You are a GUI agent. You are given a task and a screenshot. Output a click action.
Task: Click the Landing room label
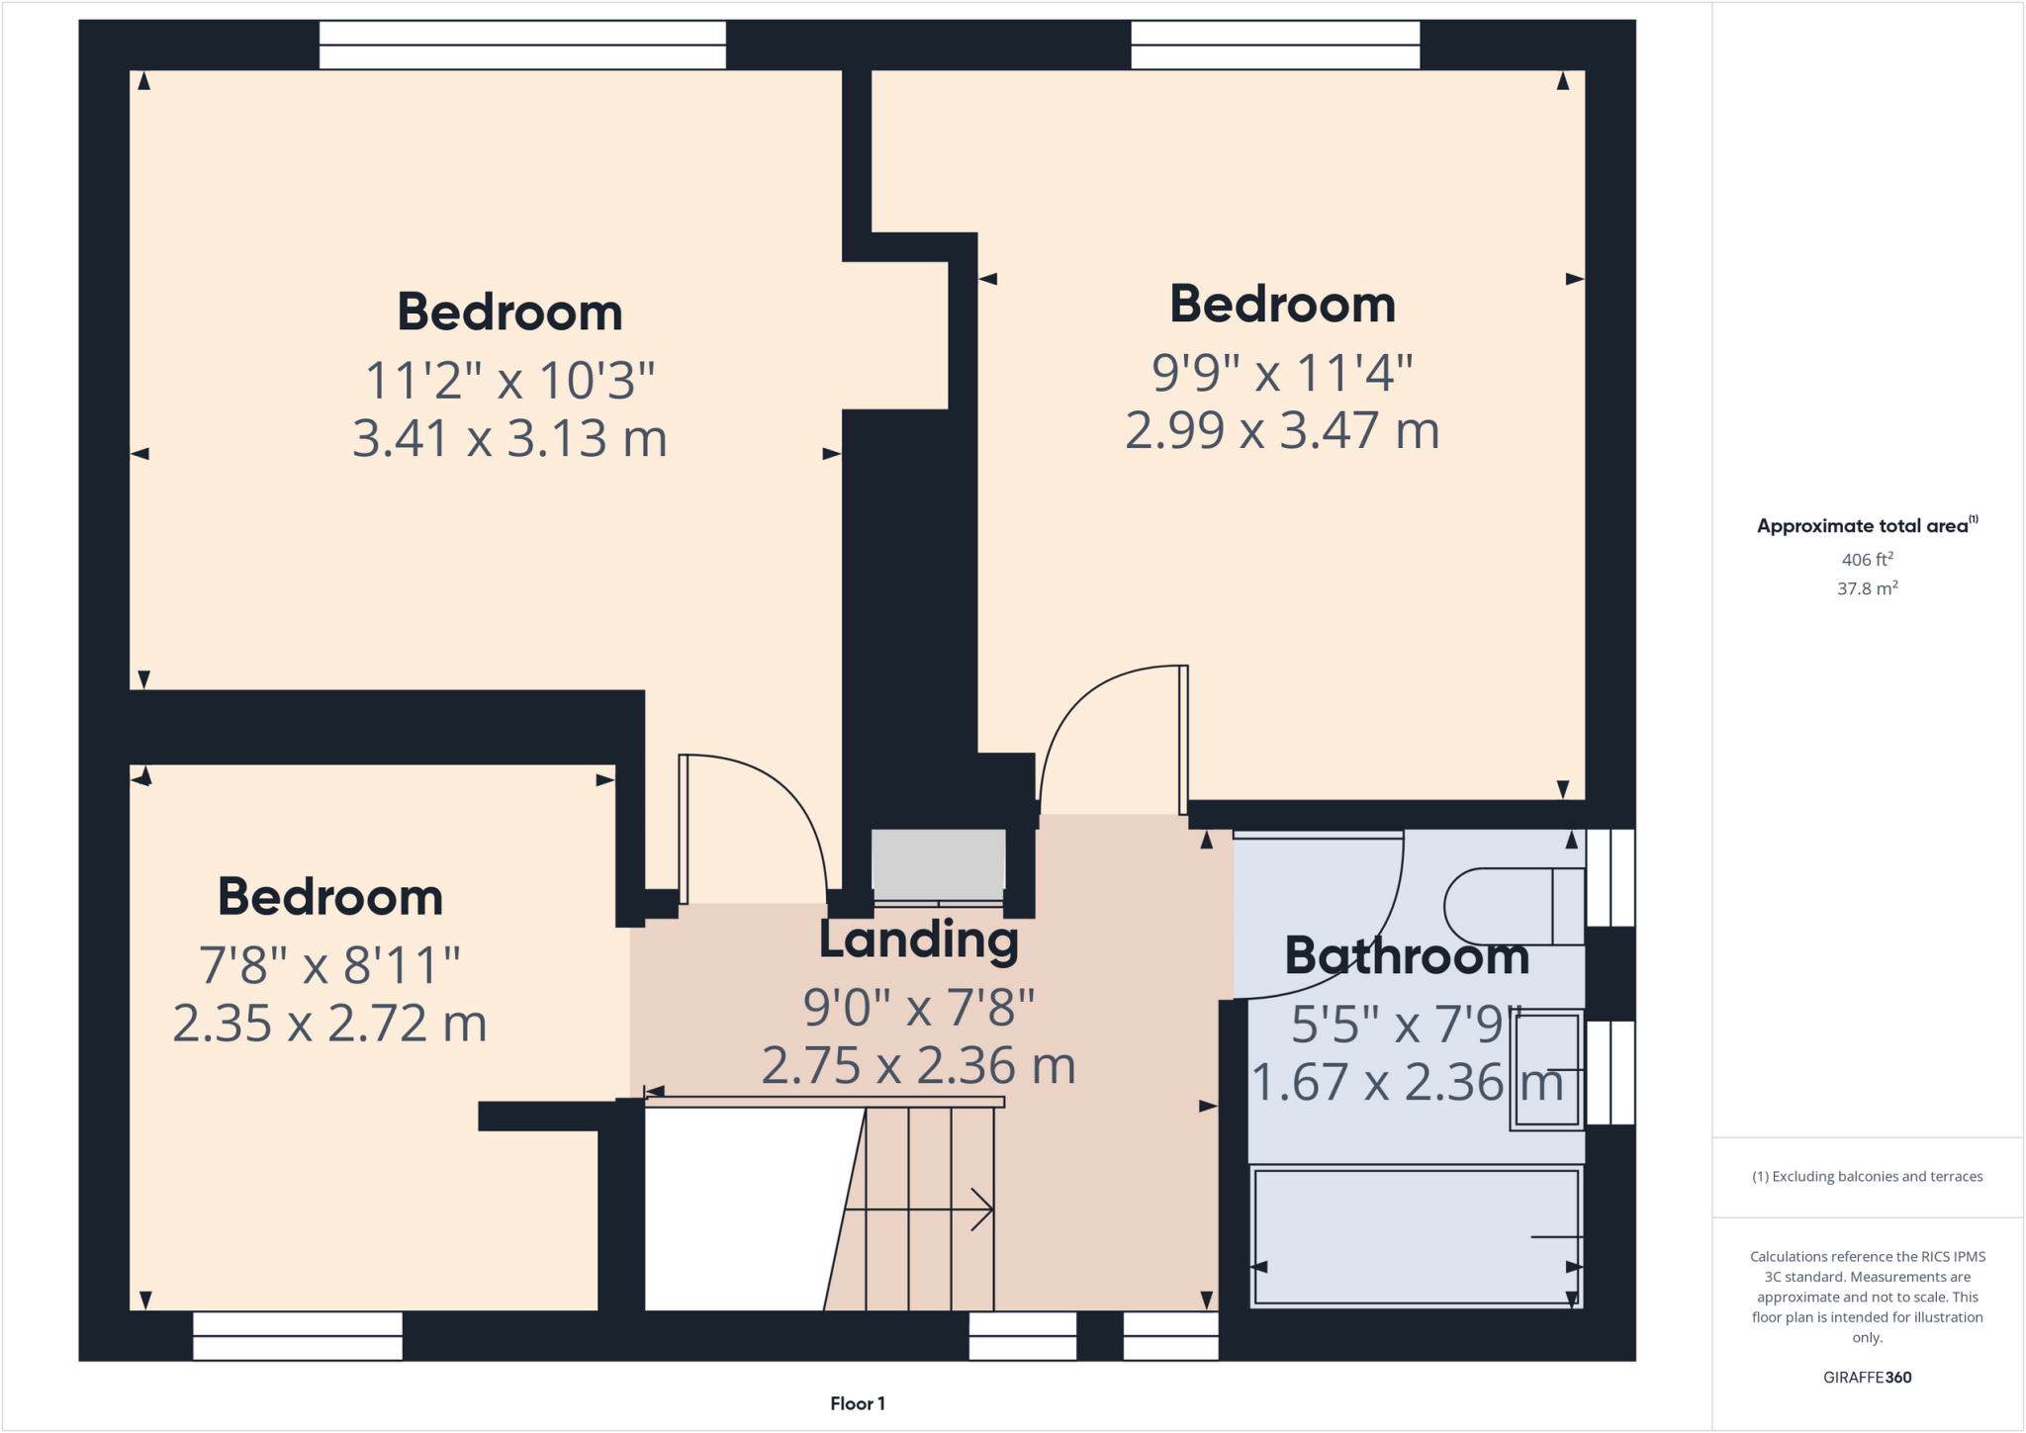pyautogui.click(x=918, y=940)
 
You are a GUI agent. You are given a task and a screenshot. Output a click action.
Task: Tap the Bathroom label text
pyautogui.click(x=1406, y=956)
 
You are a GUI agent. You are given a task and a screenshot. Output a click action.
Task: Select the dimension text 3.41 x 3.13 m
pyautogui.click(x=509, y=438)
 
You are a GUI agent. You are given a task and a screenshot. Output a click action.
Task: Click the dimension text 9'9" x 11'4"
pyautogui.click(x=1282, y=373)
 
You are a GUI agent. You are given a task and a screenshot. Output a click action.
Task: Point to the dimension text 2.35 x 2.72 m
pyautogui.click(x=329, y=1024)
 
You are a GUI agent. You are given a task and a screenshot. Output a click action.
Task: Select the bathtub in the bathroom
pyautogui.click(x=1416, y=1237)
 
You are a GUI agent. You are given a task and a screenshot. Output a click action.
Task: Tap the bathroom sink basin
pyautogui.click(x=1545, y=1069)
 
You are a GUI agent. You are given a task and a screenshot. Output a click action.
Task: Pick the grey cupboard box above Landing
pyautogui.click(x=938, y=864)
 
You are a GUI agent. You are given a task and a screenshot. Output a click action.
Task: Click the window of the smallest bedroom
pyautogui.click(x=298, y=1335)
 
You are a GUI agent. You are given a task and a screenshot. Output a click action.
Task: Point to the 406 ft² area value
pyautogui.click(x=1867, y=560)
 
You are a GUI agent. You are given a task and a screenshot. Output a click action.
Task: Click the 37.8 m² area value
pyautogui.click(x=1867, y=588)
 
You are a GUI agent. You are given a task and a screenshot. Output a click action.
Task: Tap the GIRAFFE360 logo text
pyautogui.click(x=1867, y=1377)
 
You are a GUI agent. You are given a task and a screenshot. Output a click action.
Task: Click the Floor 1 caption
pyautogui.click(x=857, y=1403)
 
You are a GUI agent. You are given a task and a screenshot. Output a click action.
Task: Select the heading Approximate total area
pyautogui.click(x=1866, y=526)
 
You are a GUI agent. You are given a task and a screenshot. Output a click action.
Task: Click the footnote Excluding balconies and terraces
pyautogui.click(x=1867, y=1176)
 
